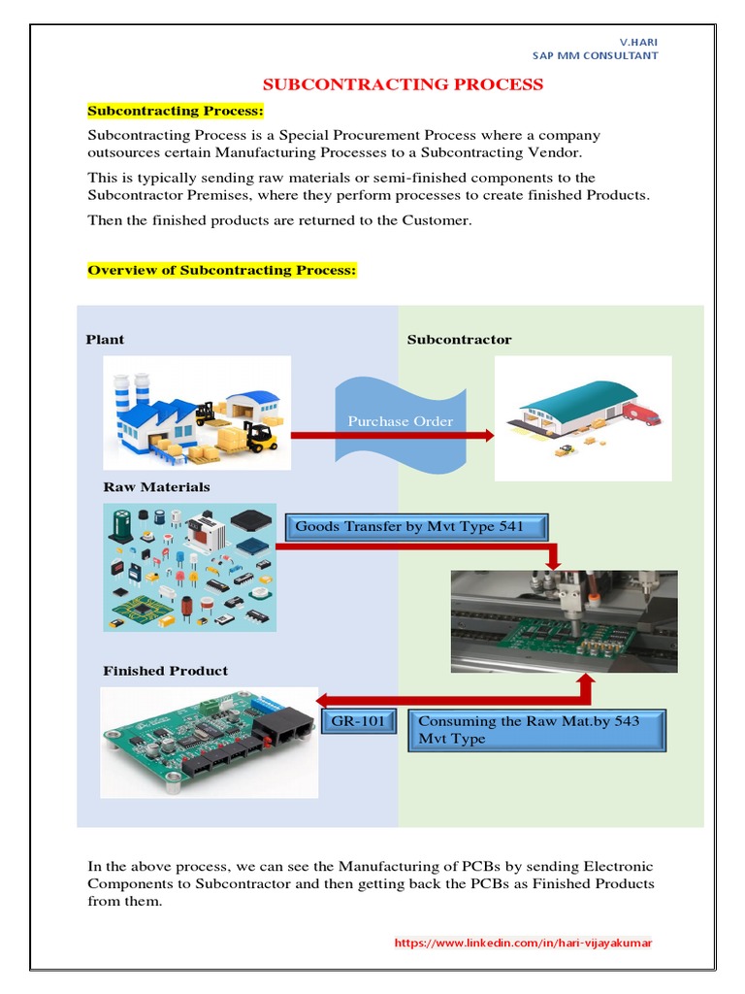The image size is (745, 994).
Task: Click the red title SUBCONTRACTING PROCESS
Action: point(405,84)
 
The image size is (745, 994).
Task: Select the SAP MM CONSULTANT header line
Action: point(595,56)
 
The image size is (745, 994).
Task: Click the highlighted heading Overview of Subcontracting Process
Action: point(223,270)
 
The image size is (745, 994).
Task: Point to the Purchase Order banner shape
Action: point(401,421)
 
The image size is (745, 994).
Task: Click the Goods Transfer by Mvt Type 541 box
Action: point(418,527)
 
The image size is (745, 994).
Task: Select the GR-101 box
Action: point(359,722)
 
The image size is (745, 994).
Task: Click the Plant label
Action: point(105,340)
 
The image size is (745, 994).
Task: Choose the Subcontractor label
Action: point(459,340)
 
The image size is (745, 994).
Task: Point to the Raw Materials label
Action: point(156,487)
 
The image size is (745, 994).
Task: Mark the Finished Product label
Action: point(166,671)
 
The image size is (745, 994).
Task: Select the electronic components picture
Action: point(190,567)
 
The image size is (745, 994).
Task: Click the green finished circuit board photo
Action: point(209,742)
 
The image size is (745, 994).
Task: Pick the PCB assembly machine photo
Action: point(564,621)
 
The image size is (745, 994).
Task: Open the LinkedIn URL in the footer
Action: point(523,943)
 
